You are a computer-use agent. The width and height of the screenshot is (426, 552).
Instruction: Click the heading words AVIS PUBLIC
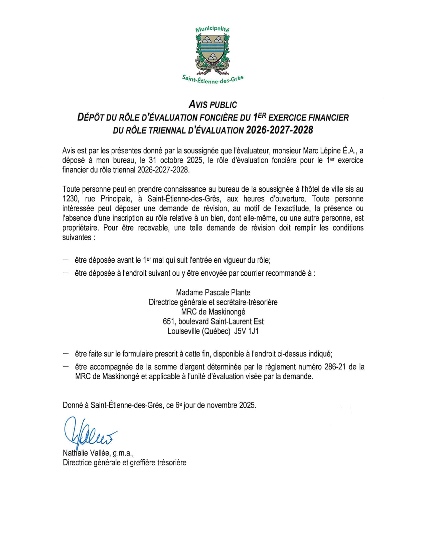213,105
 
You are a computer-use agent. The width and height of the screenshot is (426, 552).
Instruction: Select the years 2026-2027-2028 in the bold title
280,130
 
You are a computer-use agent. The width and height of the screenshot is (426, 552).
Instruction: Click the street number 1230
70,199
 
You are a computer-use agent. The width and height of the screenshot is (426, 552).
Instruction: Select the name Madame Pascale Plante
213,292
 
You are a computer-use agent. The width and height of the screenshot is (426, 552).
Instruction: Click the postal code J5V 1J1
247,331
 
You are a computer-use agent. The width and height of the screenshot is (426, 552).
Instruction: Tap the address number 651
169,321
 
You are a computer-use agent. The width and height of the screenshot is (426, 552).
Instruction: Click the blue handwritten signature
89,432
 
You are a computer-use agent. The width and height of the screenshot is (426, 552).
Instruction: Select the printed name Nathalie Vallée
86,453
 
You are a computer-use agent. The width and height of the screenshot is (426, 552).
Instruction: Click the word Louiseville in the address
183,331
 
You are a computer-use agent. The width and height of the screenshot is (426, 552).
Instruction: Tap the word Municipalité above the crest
212,29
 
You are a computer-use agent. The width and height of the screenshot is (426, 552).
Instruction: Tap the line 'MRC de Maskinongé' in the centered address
213,312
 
